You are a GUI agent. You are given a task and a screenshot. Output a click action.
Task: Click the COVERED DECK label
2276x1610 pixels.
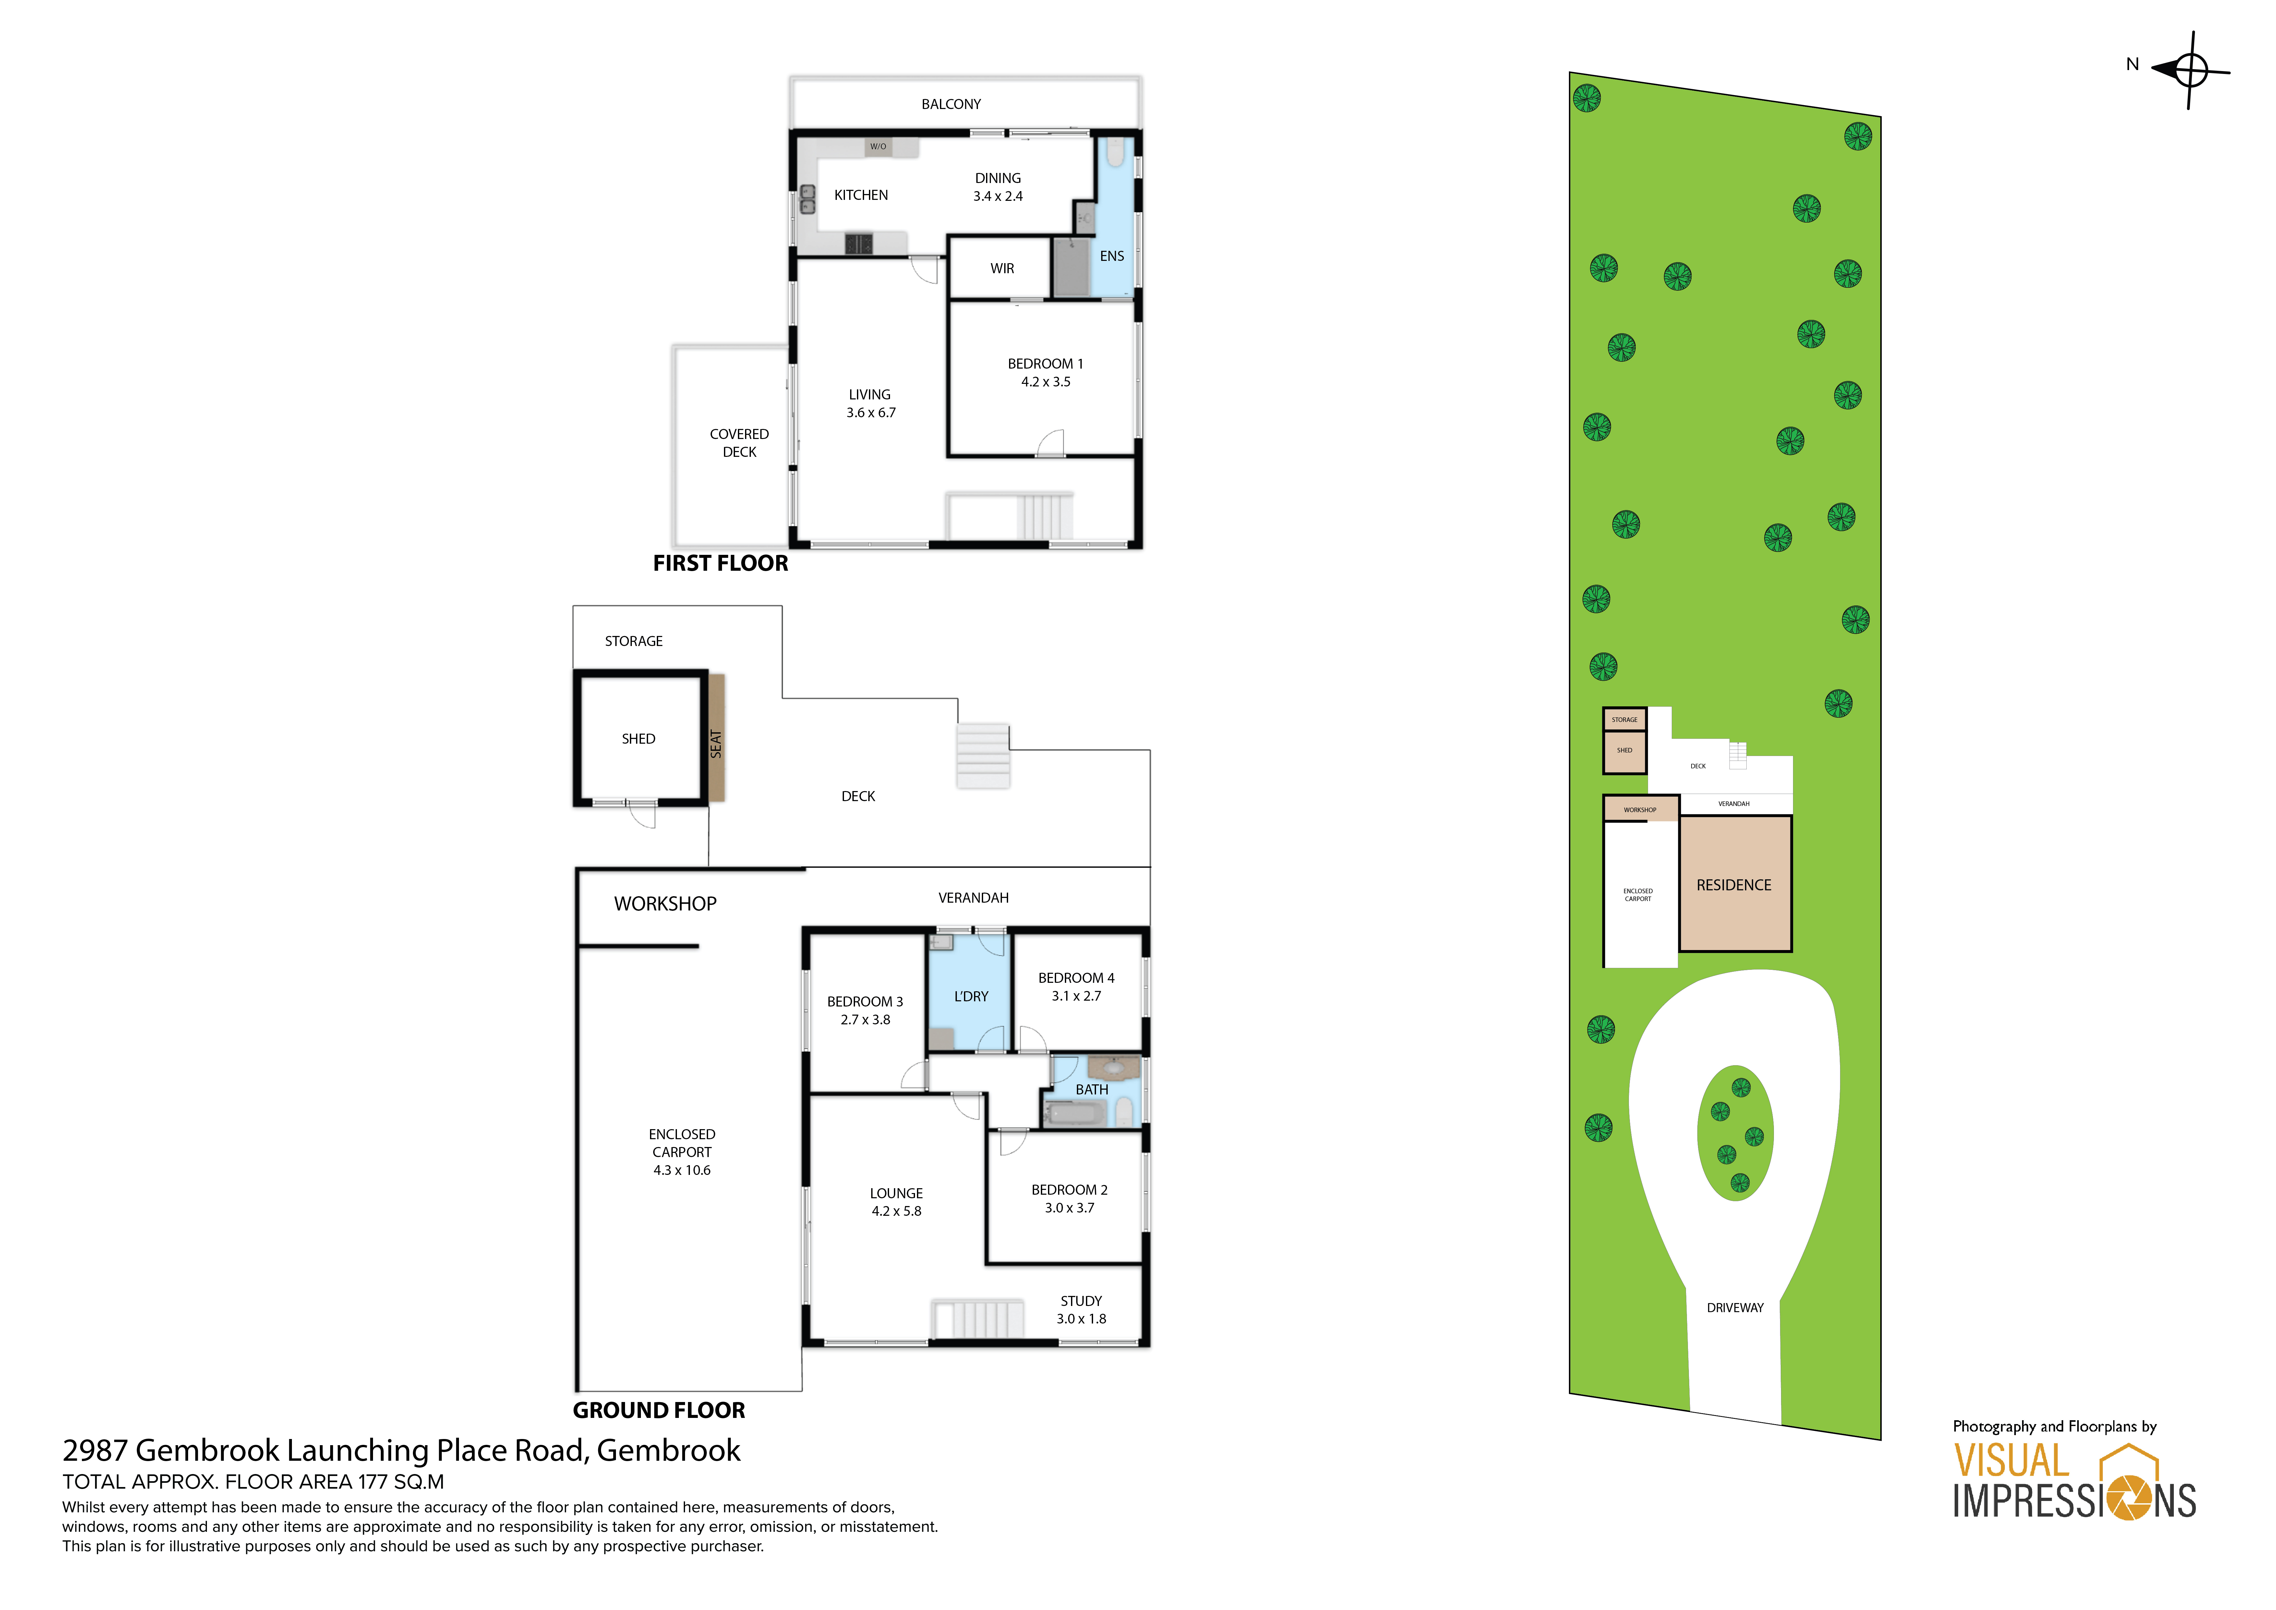tap(739, 443)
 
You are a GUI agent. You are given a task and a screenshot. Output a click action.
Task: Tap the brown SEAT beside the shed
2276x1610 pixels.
tap(716, 738)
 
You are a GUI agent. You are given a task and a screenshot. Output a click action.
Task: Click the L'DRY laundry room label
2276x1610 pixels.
tap(970, 996)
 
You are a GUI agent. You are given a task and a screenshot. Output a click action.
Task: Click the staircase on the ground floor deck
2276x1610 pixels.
tap(982, 755)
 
